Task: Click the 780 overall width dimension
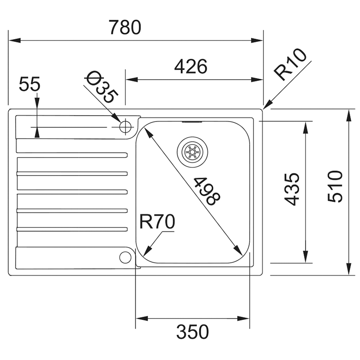pos(125,27)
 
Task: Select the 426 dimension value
pos(190,67)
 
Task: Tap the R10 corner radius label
pos(290,64)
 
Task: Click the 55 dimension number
pos(29,84)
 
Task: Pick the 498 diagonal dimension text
pos(207,191)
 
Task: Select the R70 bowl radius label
pos(157,221)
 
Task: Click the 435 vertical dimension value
pos(292,189)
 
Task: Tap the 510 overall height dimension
pos(335,186)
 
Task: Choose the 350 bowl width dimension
pos(193,332)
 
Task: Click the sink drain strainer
pos(193,152)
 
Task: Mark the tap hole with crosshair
pos(126,127)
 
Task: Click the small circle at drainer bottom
pos(126,257)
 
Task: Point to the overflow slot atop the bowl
pos(192,122)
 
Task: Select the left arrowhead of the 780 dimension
pos(14,40)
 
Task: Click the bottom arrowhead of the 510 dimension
pos(349,269)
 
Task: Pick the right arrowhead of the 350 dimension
pos(243,319)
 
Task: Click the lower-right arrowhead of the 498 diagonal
pos(238,251)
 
